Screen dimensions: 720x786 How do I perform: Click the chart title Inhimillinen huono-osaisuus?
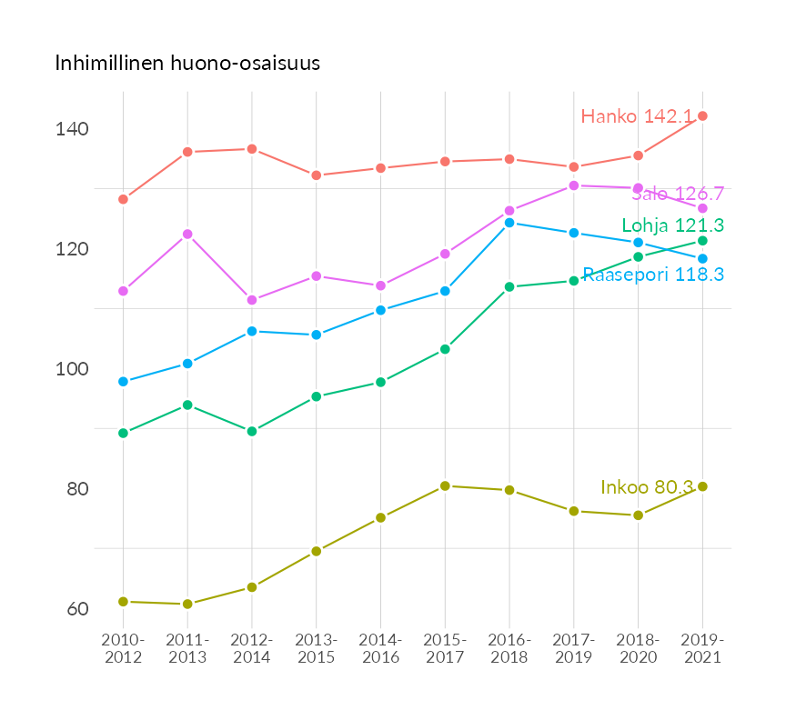(187, 64)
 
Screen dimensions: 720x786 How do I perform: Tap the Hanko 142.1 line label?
(637, 116)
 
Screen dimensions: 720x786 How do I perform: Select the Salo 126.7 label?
(678, 194)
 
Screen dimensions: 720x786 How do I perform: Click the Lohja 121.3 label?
(672, 225)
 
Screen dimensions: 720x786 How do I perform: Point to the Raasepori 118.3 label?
(653, 275)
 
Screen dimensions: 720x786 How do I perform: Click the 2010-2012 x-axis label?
(123, 649)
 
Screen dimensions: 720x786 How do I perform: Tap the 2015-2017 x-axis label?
(445, 649)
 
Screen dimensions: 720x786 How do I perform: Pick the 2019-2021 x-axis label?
(702, 649)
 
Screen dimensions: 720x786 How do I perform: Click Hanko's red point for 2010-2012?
(123, 199)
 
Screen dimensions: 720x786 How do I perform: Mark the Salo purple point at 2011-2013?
(187, 235)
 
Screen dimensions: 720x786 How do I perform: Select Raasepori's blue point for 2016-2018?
(509, 223)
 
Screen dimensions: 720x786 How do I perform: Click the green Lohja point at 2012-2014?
(252, 431)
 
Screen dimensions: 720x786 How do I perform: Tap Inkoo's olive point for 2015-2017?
(445, 486)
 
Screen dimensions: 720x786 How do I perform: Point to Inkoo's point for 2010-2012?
(123, 602)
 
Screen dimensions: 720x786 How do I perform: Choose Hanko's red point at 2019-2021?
(702, 115)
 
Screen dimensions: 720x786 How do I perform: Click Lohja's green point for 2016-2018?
(509, 287)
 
